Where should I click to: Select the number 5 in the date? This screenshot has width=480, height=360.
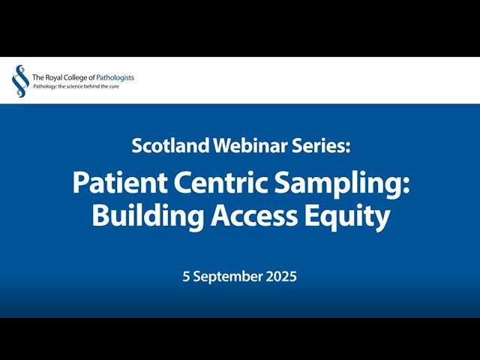[187, 277]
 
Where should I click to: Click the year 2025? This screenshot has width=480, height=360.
[280, 277]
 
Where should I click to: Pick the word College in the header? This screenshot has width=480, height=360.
[76, 77]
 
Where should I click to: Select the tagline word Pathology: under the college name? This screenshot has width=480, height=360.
[46, 86]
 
